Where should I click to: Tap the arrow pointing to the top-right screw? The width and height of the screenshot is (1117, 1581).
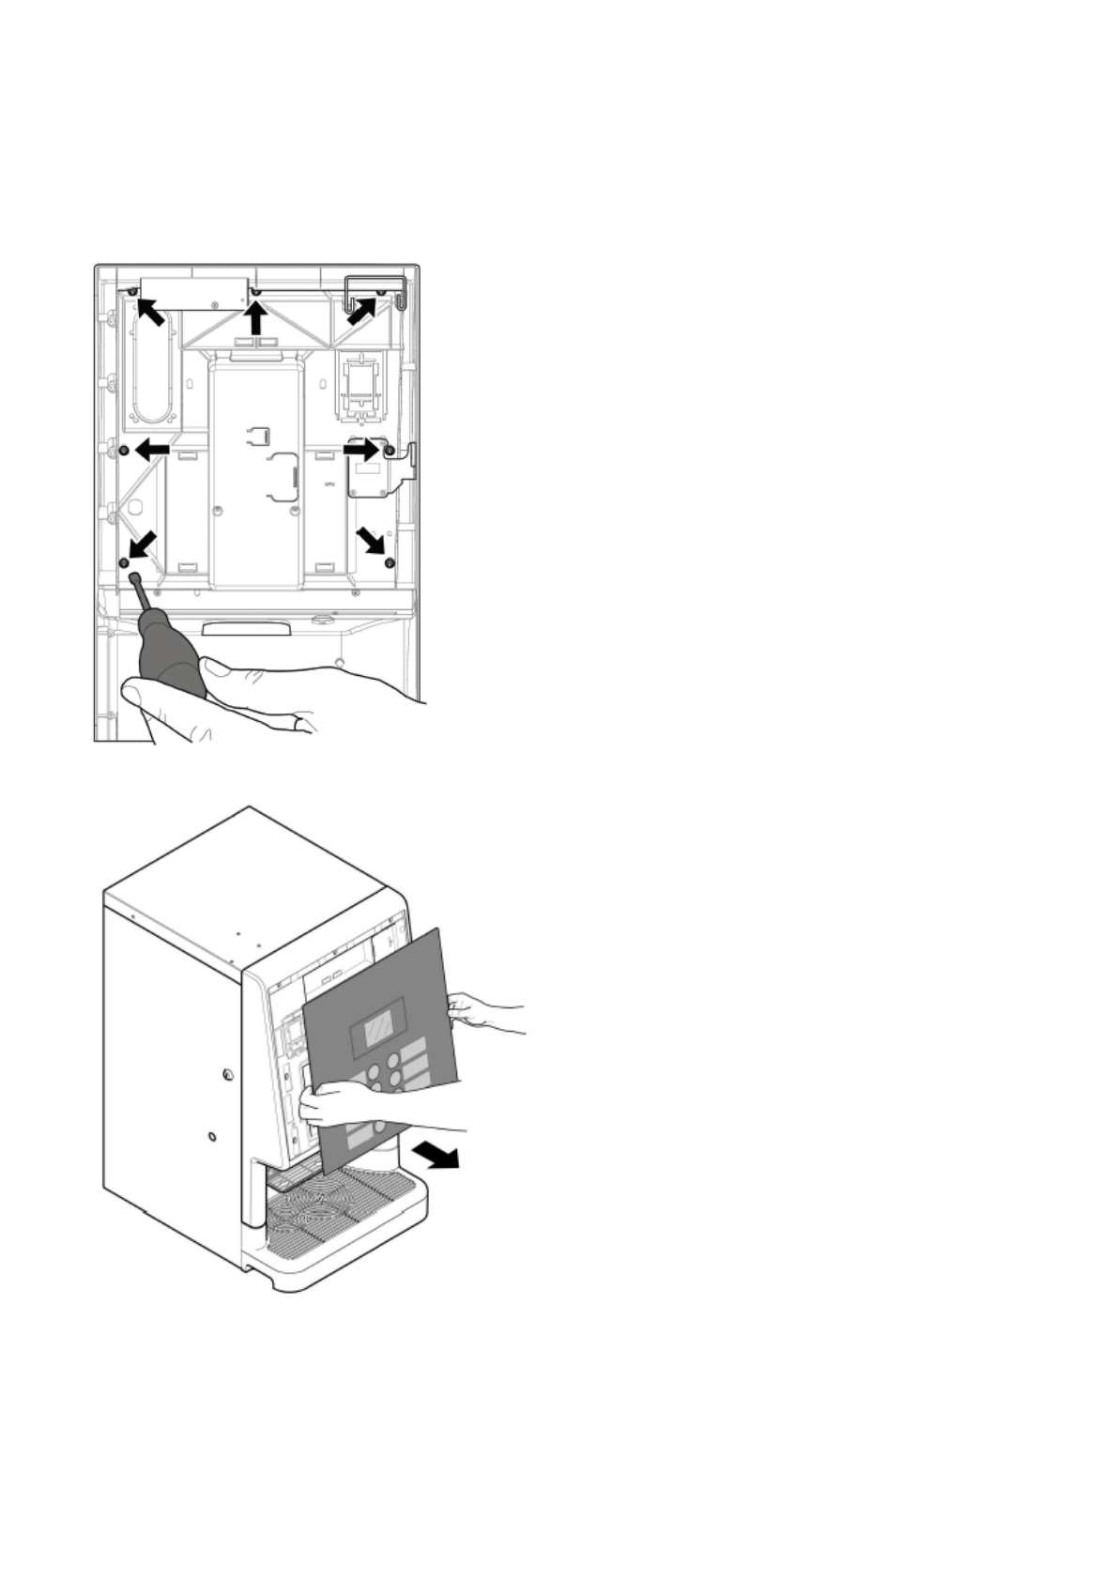362,312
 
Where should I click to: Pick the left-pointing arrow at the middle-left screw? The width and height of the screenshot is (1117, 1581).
152,452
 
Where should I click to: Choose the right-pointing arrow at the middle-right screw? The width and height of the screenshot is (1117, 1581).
360,451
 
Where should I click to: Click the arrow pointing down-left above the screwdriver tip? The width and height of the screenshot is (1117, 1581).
142,545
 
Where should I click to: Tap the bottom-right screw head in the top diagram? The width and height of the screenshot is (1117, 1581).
390,562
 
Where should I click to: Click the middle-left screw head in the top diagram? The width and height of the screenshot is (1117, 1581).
124,452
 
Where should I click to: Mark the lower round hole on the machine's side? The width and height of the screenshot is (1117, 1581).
212,1138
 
